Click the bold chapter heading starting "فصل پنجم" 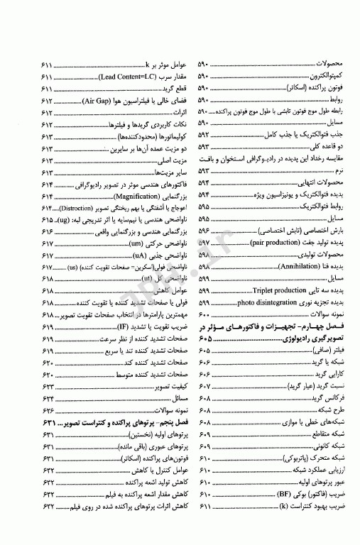point(123,422)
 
